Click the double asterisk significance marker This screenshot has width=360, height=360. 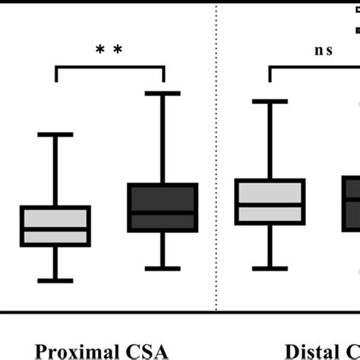click(109, 49)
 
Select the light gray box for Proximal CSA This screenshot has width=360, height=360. click(55, 226)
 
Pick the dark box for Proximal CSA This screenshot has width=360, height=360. click(163, 207)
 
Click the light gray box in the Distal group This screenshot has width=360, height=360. click(270, 201)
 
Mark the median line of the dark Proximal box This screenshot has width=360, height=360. click(163, 213)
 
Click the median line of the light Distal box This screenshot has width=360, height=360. click(270, 204)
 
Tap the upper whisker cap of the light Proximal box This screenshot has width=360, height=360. click(55, 134)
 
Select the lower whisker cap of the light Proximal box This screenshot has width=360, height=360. click(55, 280)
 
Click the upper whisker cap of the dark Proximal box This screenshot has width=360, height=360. click(163, 93)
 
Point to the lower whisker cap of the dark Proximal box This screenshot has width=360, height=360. click(163, 268)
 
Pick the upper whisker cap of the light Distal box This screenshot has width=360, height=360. click(270, 100)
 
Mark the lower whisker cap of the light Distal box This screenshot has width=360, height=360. click(270, 268)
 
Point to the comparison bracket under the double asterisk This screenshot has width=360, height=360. click(109, 68)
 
